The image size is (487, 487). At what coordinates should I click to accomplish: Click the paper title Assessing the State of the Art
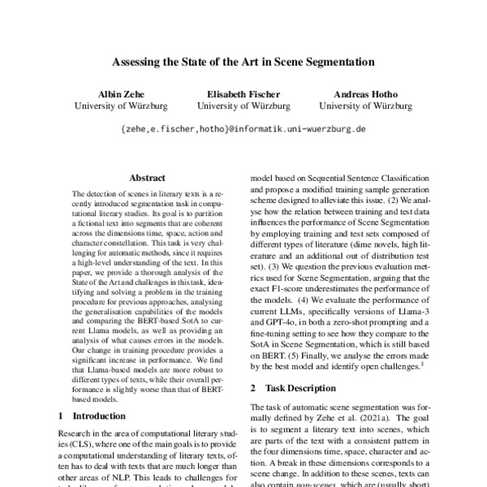(243, 61)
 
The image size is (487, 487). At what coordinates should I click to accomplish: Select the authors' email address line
(243, 129)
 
